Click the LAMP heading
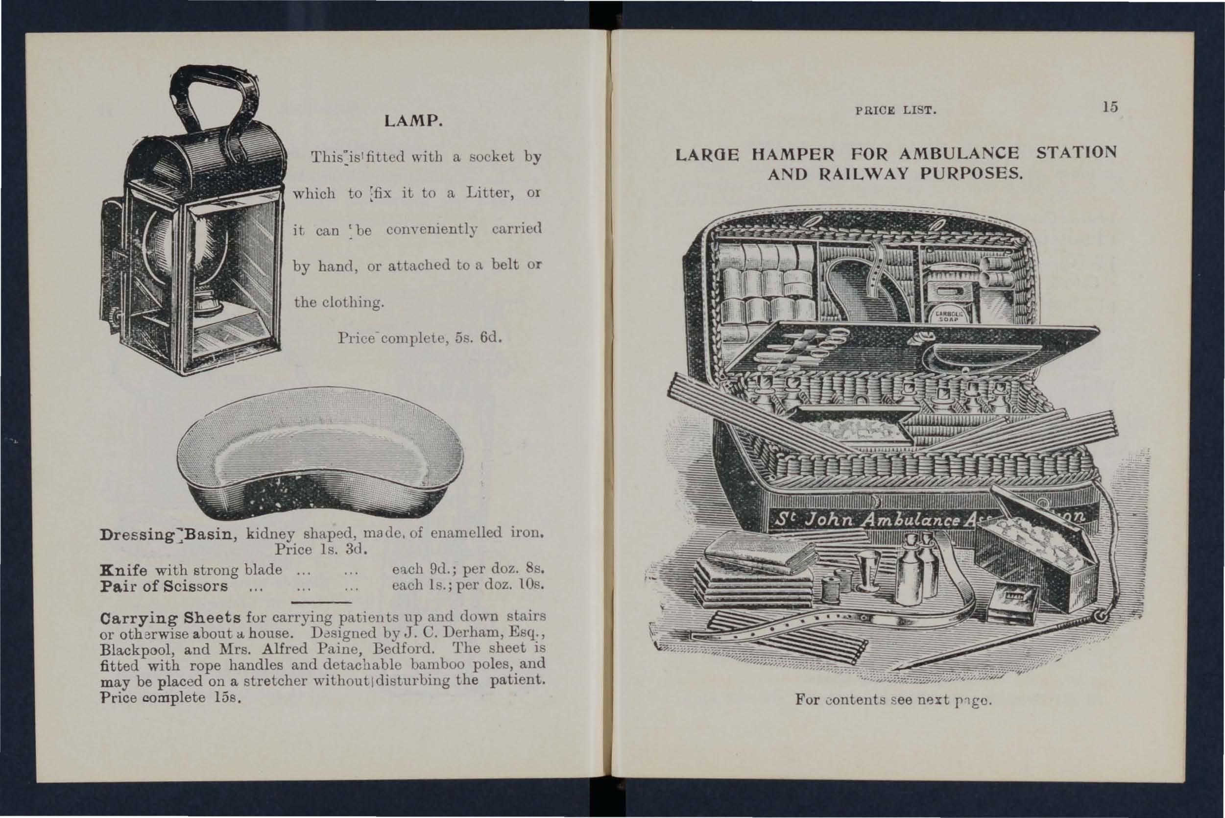point(413,121)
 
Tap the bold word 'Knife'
point(123,570)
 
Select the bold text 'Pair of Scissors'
point(164,586)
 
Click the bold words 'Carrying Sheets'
point(170,618)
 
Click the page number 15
point(1110,107)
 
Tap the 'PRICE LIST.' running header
point(896,111)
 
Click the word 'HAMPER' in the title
point(793,154)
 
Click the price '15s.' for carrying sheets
point(227,698)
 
